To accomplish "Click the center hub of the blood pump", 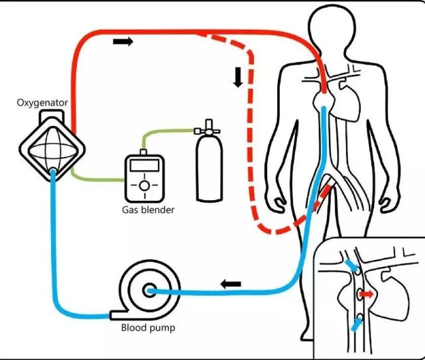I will click(x=147, y=290).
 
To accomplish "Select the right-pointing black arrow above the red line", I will click(x=123, y=41).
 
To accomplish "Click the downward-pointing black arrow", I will click(x=237, y=77).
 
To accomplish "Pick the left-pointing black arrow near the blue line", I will click(x=231, y=284).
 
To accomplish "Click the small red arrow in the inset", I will click(x=367, y=293).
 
